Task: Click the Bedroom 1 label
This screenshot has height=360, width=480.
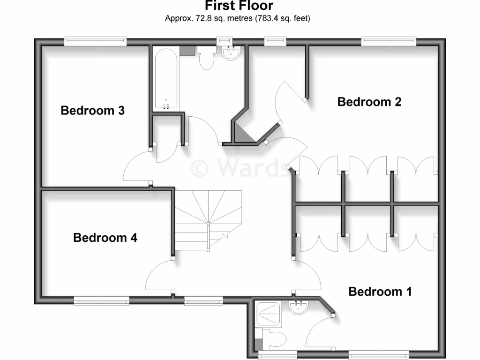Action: coord(380,292)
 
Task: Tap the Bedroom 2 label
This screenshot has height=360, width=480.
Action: coord(369,102)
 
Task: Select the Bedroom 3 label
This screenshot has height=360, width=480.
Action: coord(93,111)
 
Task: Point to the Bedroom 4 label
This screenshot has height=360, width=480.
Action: coord(105,238)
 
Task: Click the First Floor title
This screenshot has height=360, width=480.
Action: coord(239,6)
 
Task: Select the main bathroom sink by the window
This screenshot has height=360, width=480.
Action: coord(231,53)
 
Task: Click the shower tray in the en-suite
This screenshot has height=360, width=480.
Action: coord(268,314)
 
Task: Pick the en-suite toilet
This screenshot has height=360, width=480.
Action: coord(274,338)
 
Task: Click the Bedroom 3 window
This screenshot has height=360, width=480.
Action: coord(96,41)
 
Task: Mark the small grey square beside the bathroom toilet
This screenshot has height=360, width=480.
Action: coord(187,50)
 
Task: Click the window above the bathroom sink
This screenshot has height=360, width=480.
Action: coord(225,41)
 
